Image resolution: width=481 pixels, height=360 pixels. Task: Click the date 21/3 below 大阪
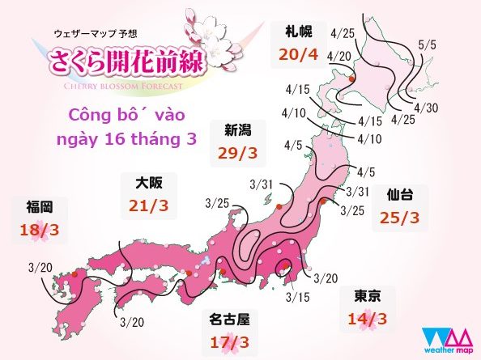148,205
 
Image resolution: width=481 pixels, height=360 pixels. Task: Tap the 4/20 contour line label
343,55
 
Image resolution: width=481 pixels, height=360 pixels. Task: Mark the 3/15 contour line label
298,297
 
